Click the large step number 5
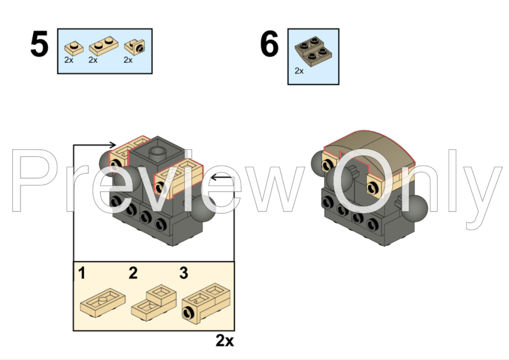click(x=40, y=43)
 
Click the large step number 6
click(x=270, y=43)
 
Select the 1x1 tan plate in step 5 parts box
click(x=74, y=48)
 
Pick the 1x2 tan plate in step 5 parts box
click(x=103, y=45)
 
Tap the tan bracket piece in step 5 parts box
click(x=135, y=47)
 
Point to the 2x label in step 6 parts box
click(x=299, y=71)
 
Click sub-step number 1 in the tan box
click(x=82, y=273)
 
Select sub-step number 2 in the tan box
click(x=133, y=273)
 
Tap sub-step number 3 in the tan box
click(x=184, y=273)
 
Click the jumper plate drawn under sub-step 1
click(x=103, y=302)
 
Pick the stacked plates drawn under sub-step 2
click(x=154, y=303)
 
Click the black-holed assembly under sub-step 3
click(x=206, y=303)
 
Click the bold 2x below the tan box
click(x=225, y=341)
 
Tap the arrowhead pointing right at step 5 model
click(x=112, y=144)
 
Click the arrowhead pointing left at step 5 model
click(x=214, y=178)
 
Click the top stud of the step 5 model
click(x=157, y=151)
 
